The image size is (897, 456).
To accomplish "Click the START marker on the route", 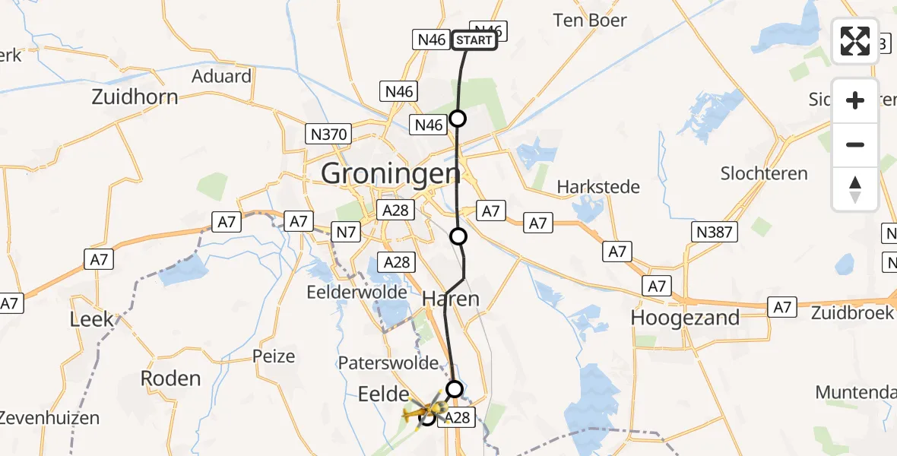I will coord(475,40).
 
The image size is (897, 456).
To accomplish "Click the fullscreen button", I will coord(855,41).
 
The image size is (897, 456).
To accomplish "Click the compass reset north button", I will coord(855,189).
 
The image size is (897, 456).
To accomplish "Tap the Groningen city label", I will coord(391,174).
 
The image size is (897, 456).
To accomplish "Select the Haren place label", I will coord(451,299).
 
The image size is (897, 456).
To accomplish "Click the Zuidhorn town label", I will coord(135,97).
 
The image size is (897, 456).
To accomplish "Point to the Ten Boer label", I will coord(590,21).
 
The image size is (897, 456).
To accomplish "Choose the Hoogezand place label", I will coord(685,318).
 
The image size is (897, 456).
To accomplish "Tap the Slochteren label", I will coord(764,173).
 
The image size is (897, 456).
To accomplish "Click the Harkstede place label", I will coord(598,187).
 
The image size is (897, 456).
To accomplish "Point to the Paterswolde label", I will coord(399,363).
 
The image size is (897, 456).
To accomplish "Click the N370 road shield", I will coord(329,135).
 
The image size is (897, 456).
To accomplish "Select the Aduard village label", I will coord(221,76).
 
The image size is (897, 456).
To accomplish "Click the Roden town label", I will coord(171,378).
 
